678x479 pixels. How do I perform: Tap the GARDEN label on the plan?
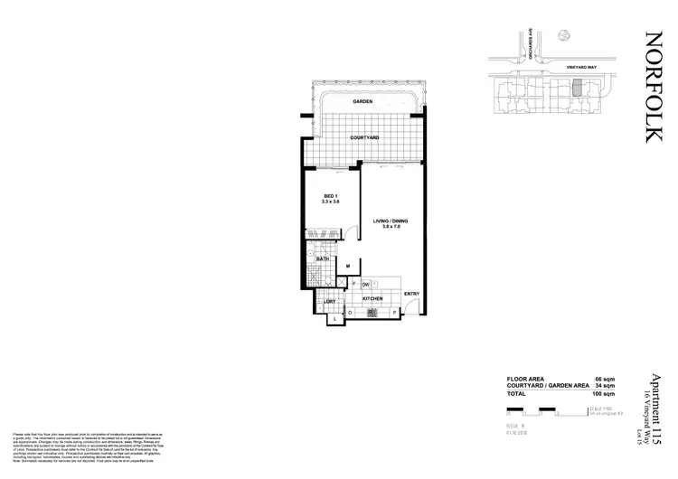(364, 103)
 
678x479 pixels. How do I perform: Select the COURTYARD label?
(365, 136)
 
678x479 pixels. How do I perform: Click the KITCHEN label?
(374, 297)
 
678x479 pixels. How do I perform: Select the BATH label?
(322, 258)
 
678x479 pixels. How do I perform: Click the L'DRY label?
(331, 300)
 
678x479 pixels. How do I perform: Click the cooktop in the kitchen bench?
(372, 315)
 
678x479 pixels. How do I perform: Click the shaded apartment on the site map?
(578, 89)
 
